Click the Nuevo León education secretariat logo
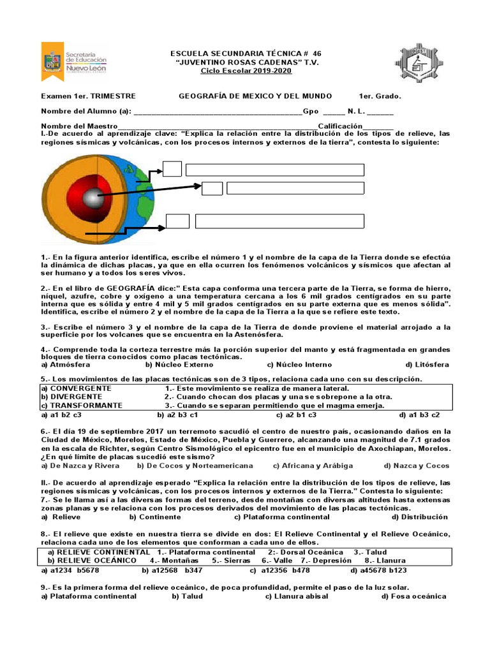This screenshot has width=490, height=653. (74, 62)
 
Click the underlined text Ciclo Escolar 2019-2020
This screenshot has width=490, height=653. (237, 71)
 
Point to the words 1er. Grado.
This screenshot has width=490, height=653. (380, 96)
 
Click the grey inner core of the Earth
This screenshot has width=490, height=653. (93, 198)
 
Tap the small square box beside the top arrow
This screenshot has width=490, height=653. (172, 169)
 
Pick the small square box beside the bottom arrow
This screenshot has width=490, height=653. (177, 221)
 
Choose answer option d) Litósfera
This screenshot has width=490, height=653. (427, 365)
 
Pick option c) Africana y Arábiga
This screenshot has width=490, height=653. (313, 466)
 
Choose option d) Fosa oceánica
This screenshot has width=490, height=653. (413, 596)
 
